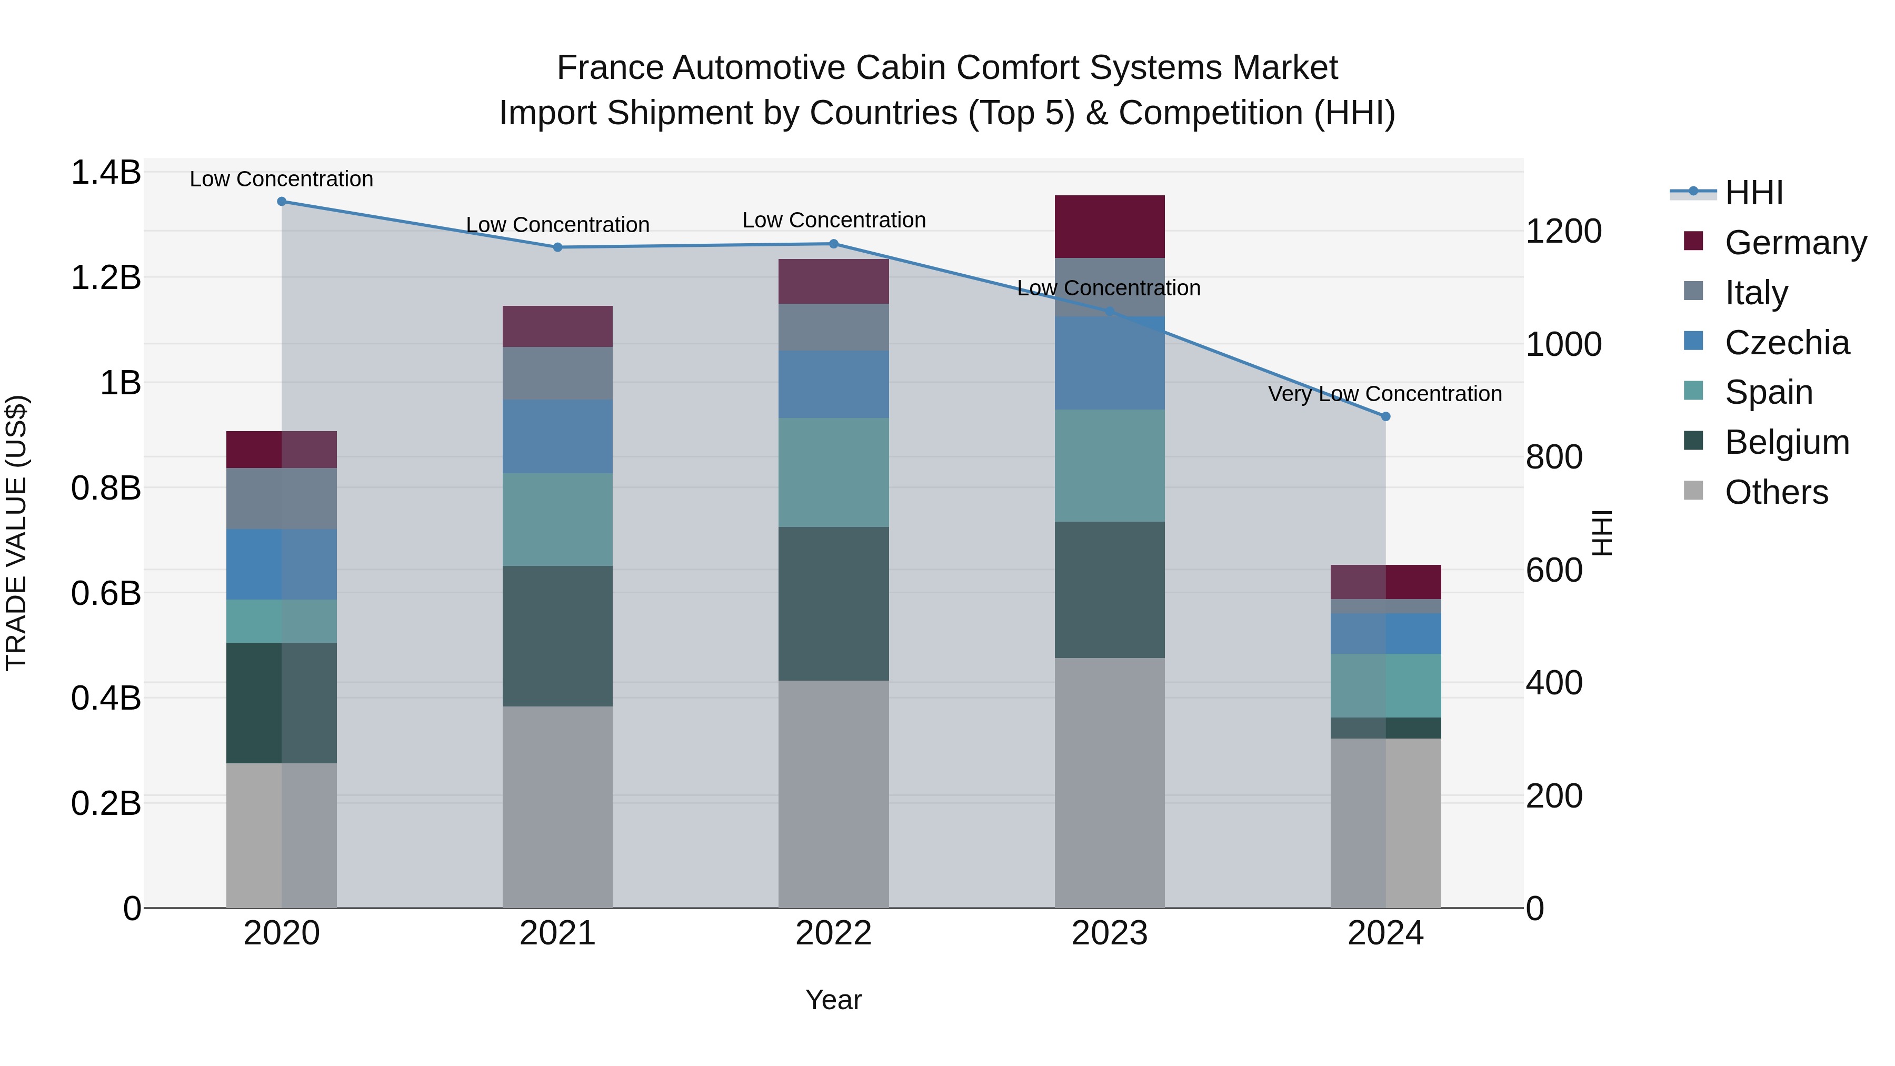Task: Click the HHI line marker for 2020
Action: [282, 202]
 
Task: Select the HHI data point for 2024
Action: [1385, 416]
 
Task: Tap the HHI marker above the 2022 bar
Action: [833, 244]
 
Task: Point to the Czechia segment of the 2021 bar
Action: [557, 436]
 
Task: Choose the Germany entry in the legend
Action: [1795, 243]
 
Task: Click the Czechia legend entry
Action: [1786, 343]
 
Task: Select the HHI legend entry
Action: [1754, 193]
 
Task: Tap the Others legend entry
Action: [1776, 492]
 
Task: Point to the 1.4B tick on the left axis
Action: [106, 173]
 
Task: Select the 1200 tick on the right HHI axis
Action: [1563, 231]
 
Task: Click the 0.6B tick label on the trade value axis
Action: [106, 593]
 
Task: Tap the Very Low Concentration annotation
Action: [1384, 394]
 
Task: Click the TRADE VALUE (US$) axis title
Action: [16, 533]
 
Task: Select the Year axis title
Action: [833, 1000]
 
